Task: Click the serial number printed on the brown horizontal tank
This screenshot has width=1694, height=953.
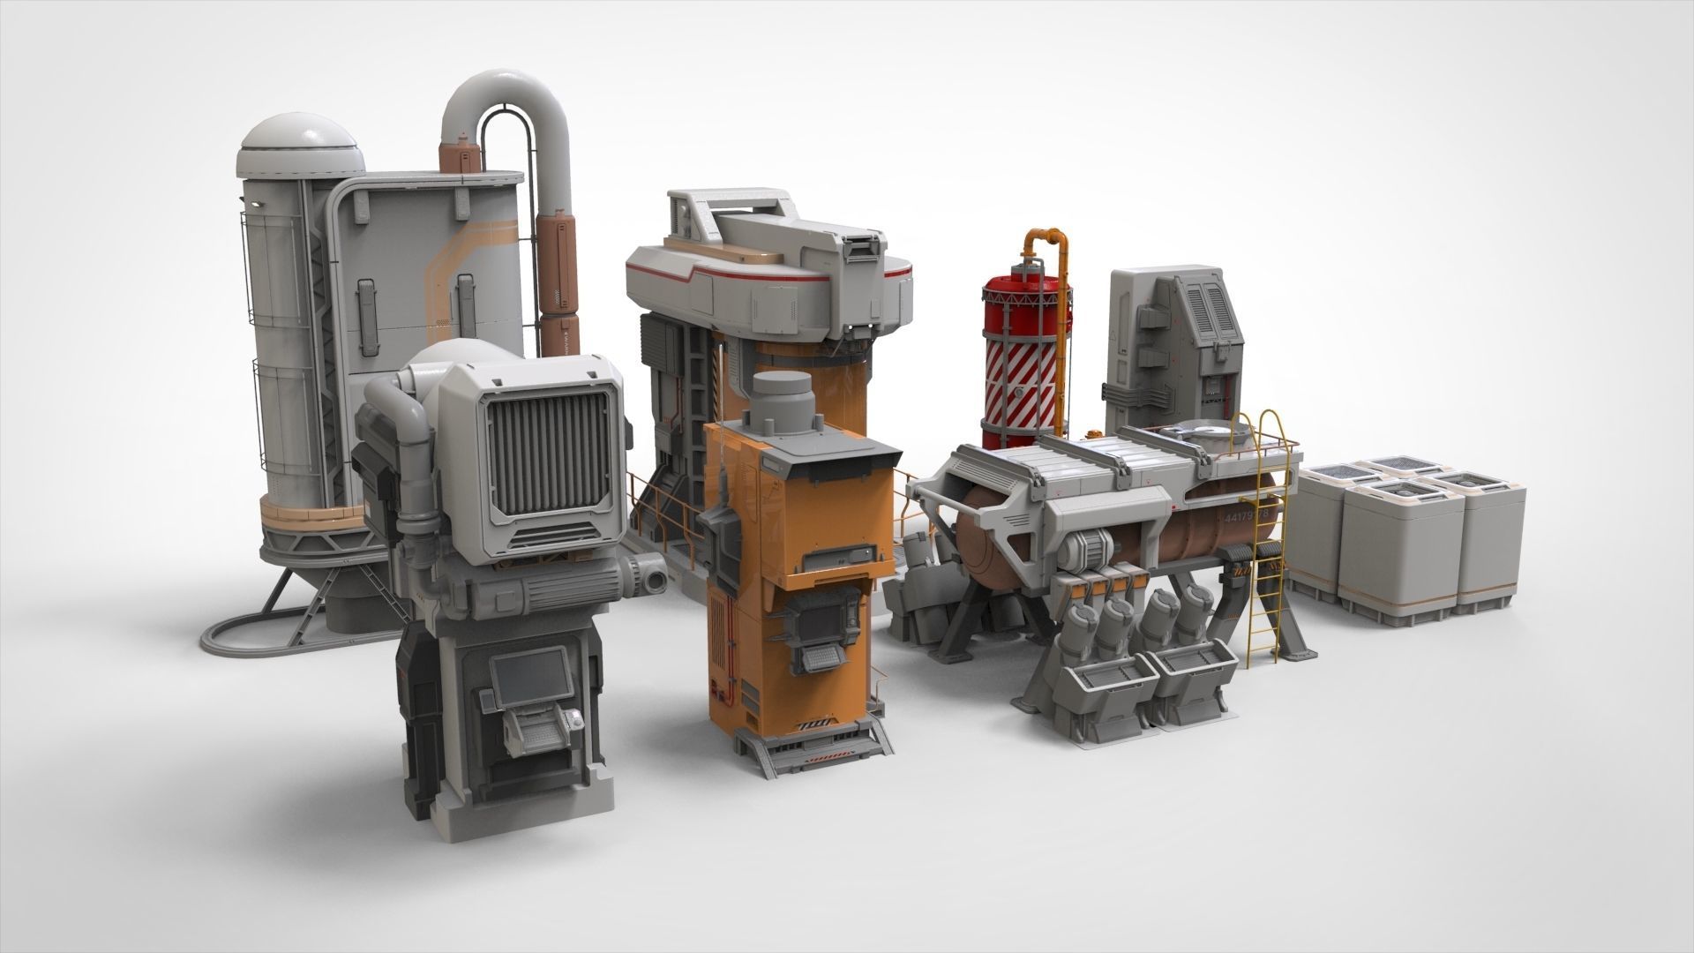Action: point(1244,514)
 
